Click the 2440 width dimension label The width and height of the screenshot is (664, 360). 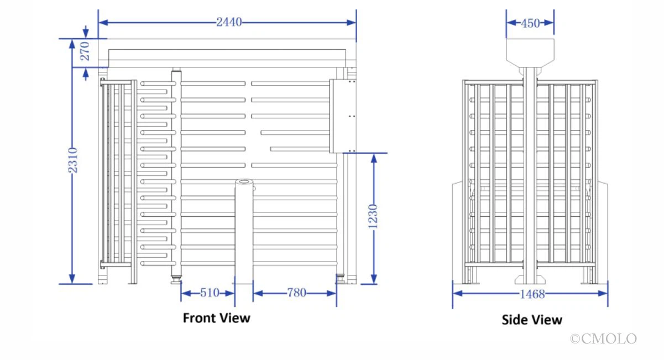229,22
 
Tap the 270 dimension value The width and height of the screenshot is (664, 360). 85,51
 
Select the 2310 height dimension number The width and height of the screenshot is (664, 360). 73,160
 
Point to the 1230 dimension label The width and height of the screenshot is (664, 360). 373,216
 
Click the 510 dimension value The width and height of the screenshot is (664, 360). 210,293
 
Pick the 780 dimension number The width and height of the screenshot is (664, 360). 296,293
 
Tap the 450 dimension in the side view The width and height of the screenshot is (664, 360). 530,23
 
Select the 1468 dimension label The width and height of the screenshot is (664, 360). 532,294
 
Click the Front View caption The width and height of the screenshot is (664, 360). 216,318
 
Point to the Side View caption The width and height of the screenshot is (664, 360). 532,320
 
